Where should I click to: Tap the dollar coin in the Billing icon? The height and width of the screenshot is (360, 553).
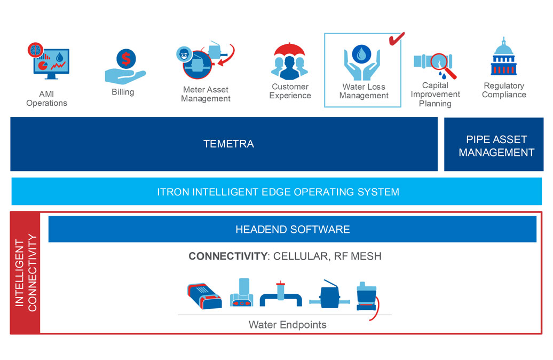pyautogui.click(x=126, y=58)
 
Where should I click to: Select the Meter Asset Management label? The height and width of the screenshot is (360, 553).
pyautogui.click(x=206, y=94)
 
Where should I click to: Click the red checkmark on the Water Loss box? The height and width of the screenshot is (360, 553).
pyautogui.click(x=396, y=38)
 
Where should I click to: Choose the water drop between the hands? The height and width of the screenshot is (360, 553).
pyautogui.click(x=362, y=53)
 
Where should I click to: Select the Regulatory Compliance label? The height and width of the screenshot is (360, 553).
pyautogui.click(x=504, y=90)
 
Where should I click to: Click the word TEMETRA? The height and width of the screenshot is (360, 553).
pyautogui.click(x=228, y=144)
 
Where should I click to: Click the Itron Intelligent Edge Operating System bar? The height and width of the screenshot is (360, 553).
pyautogui.click(x=278, y=192)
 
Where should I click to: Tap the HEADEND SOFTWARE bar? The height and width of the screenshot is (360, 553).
pyautogui.click(x=293, y=230)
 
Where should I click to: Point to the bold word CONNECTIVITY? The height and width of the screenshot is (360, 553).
pyautogui.click(x=227, y=256)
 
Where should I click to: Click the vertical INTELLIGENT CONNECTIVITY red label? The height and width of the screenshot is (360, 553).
pyautogui.click(x=26, y=273)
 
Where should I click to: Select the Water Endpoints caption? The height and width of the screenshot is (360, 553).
pyautogui.click(x=287, y=324)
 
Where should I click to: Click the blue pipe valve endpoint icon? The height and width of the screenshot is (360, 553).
pyautogui.click(x=281, y=294)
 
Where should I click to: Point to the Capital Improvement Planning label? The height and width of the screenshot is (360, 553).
pyautogui.click(x=435, y=94)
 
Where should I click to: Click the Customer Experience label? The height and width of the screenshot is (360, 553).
pyautogui.click(x=290, y=91)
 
